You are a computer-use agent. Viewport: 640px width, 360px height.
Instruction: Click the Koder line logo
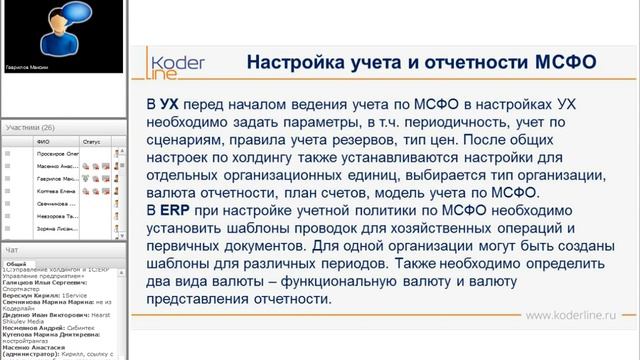pos(177,62)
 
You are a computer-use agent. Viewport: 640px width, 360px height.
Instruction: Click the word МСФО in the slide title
pos(566,61)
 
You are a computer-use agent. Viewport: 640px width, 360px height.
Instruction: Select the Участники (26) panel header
pos(30,128)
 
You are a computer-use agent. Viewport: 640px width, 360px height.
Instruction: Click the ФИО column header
pos(43,142)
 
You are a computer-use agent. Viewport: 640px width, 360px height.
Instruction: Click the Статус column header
pos(92,142)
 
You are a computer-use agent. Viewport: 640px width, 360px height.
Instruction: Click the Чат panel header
pos(12,249)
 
